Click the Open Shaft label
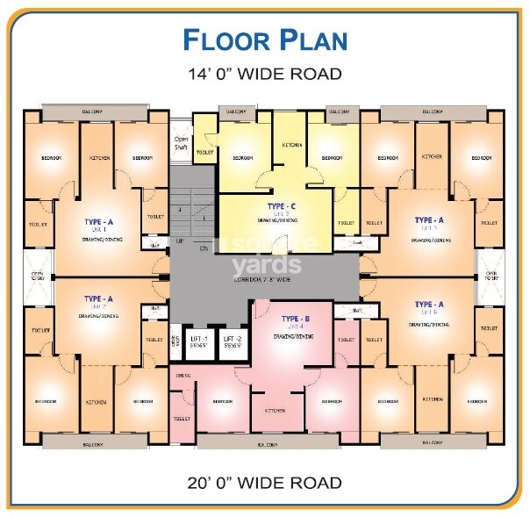pyautogui.click(x=182, y=144)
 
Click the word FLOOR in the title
pyautogui.click(x=222, y=40)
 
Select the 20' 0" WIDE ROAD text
pyautogui.click(x=264, y=482)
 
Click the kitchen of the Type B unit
pyautogui.click(x=276, y=410)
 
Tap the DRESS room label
pyautogui.click(x=183, y=376)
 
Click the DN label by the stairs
pyautogui.click(x=203, y=248)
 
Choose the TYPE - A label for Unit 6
pyautogui.click(x=429, y=305)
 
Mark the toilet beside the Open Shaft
pyautogui.click(x=204, y=152)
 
